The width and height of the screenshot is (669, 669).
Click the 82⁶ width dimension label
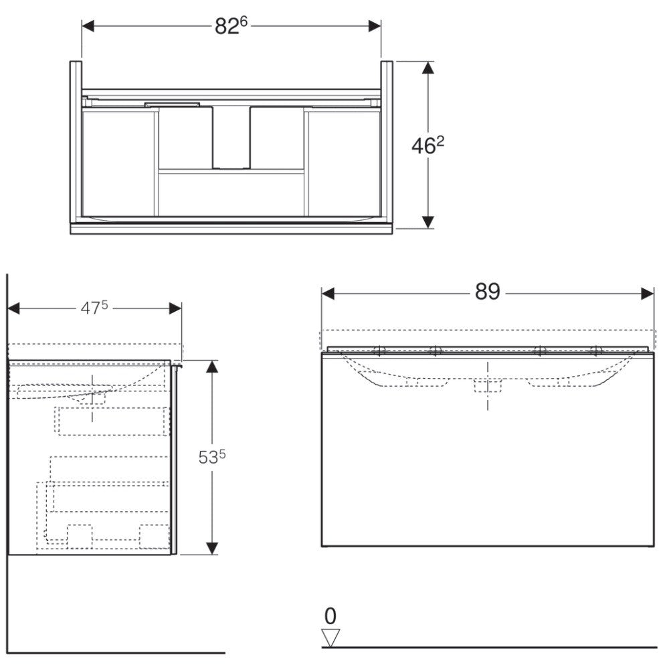tap(231, 26)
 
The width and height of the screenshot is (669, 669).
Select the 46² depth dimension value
tap(427, 146)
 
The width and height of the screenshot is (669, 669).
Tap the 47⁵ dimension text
tap(94, 308)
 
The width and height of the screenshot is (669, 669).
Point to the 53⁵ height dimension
tap(212, 458)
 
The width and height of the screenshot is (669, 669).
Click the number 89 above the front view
tap(487, 292)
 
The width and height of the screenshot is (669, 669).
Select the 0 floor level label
tap(330, 616)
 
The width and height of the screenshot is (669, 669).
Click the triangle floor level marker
tap(330, 637)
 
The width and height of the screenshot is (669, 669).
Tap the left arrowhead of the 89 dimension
tap(328, 294)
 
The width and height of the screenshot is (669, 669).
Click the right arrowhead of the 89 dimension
tap(647, 294)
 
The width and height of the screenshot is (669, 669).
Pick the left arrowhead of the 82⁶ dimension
tap(88, 26)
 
